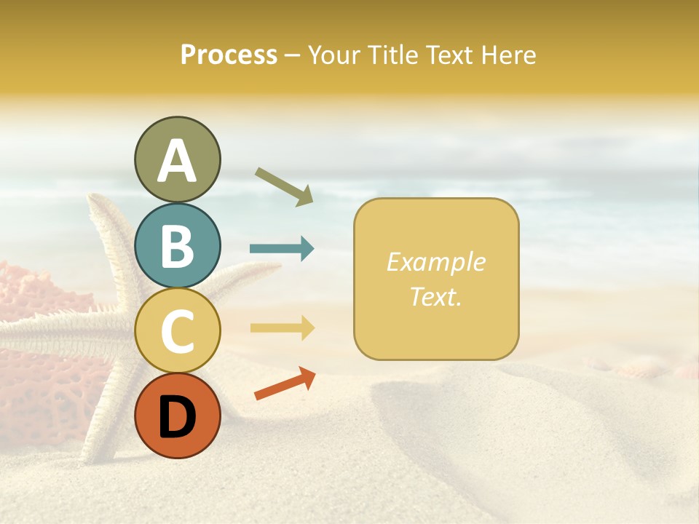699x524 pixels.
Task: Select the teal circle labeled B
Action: coord(177,245)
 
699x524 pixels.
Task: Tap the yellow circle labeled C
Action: coord(177,330)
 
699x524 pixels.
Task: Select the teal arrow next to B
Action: coord(282,249)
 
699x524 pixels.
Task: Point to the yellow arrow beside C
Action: coord(282,327)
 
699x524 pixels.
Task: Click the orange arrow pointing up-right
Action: coord(285,384)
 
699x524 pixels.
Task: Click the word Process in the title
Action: coord(229,55)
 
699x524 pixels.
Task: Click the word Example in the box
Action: coord(435,262)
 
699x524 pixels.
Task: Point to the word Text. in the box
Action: coord(435,295)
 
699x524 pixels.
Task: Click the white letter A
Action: coord(177,162)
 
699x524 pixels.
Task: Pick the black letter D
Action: coord(177,417)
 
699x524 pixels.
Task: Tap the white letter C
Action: coord(177,331)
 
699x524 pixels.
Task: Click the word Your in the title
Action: coord(332,55)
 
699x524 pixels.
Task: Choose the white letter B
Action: coord(177,246)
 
